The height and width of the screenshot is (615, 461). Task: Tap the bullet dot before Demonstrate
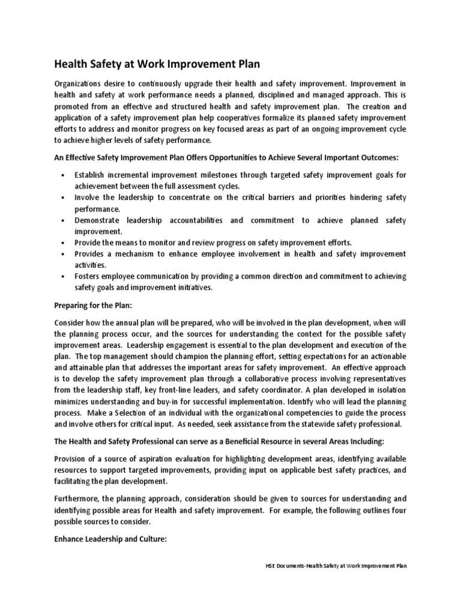coord(64,220)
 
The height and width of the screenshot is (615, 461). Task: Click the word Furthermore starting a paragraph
coord(81,498)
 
